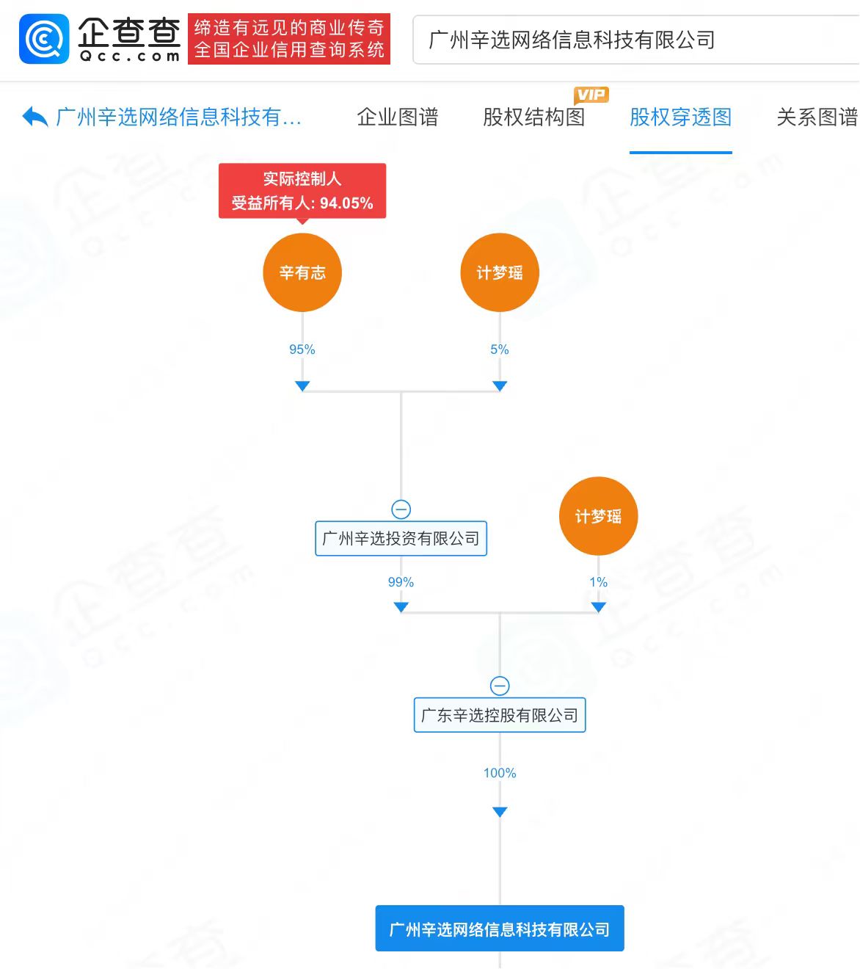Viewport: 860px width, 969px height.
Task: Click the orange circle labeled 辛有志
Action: click(302, 272)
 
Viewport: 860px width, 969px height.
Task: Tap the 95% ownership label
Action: click(302, 349)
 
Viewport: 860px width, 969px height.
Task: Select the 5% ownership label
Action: click(500, 349)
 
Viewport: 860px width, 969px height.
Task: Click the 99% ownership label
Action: click(401, 581)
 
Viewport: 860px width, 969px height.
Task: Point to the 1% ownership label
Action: click(598, 581)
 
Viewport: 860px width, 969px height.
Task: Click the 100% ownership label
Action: click(500, 772)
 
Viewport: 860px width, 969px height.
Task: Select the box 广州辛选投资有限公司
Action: click(401, 538)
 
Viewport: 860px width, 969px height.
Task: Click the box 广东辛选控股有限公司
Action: click(500, 714)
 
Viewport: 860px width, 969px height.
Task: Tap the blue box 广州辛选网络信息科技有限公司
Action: click(500, 928)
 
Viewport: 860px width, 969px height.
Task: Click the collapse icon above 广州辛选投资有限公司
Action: click(401, 509)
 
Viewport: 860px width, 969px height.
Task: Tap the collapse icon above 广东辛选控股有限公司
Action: click(500, 686)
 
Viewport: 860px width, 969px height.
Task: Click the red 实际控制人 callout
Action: click(302, 191)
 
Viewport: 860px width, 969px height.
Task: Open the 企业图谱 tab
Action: click(397, 117)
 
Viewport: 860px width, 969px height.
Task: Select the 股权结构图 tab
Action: click(533, 117)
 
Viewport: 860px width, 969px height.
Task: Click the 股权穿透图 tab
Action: click(680, 117)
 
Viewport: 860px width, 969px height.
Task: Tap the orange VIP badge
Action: click(591, 95)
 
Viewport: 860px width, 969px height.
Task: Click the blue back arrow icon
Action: click(35, 116)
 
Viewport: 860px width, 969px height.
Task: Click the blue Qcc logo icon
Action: click(44, 39)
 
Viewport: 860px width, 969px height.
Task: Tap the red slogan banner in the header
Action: click(288, 39)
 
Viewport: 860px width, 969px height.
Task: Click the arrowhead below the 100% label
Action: click(500, 812)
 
